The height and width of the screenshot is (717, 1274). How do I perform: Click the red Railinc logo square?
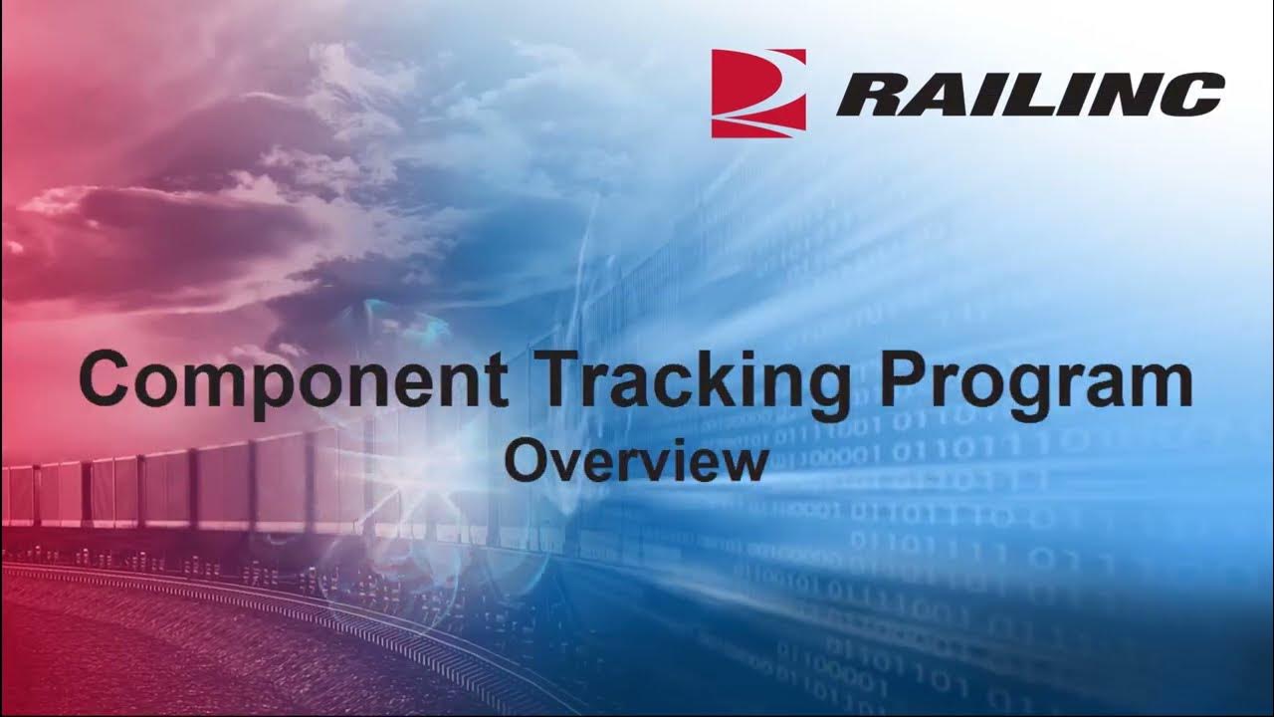pyautogui.click(x=757, y=93)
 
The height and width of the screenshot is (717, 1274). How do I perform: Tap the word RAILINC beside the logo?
pyautogui.click(x=1030, y=95)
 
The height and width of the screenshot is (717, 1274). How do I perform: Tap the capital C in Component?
pyautogui.click(x=106, y=378)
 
